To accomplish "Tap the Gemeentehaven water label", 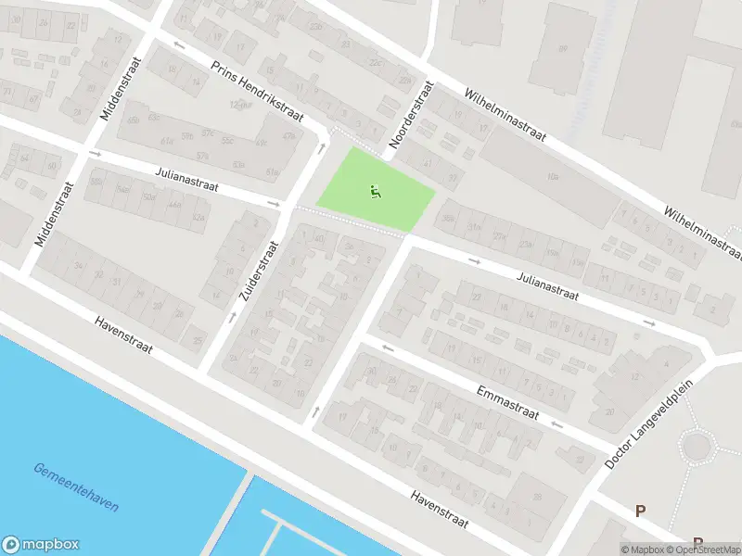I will [x=75, y=487].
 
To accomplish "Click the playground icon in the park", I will [x=375, y=193].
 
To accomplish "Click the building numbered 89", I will [x=562, y=48].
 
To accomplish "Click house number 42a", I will [x=197, y=217].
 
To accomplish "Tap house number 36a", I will [x=448, y=219].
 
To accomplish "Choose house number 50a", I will [x=147, y=197].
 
